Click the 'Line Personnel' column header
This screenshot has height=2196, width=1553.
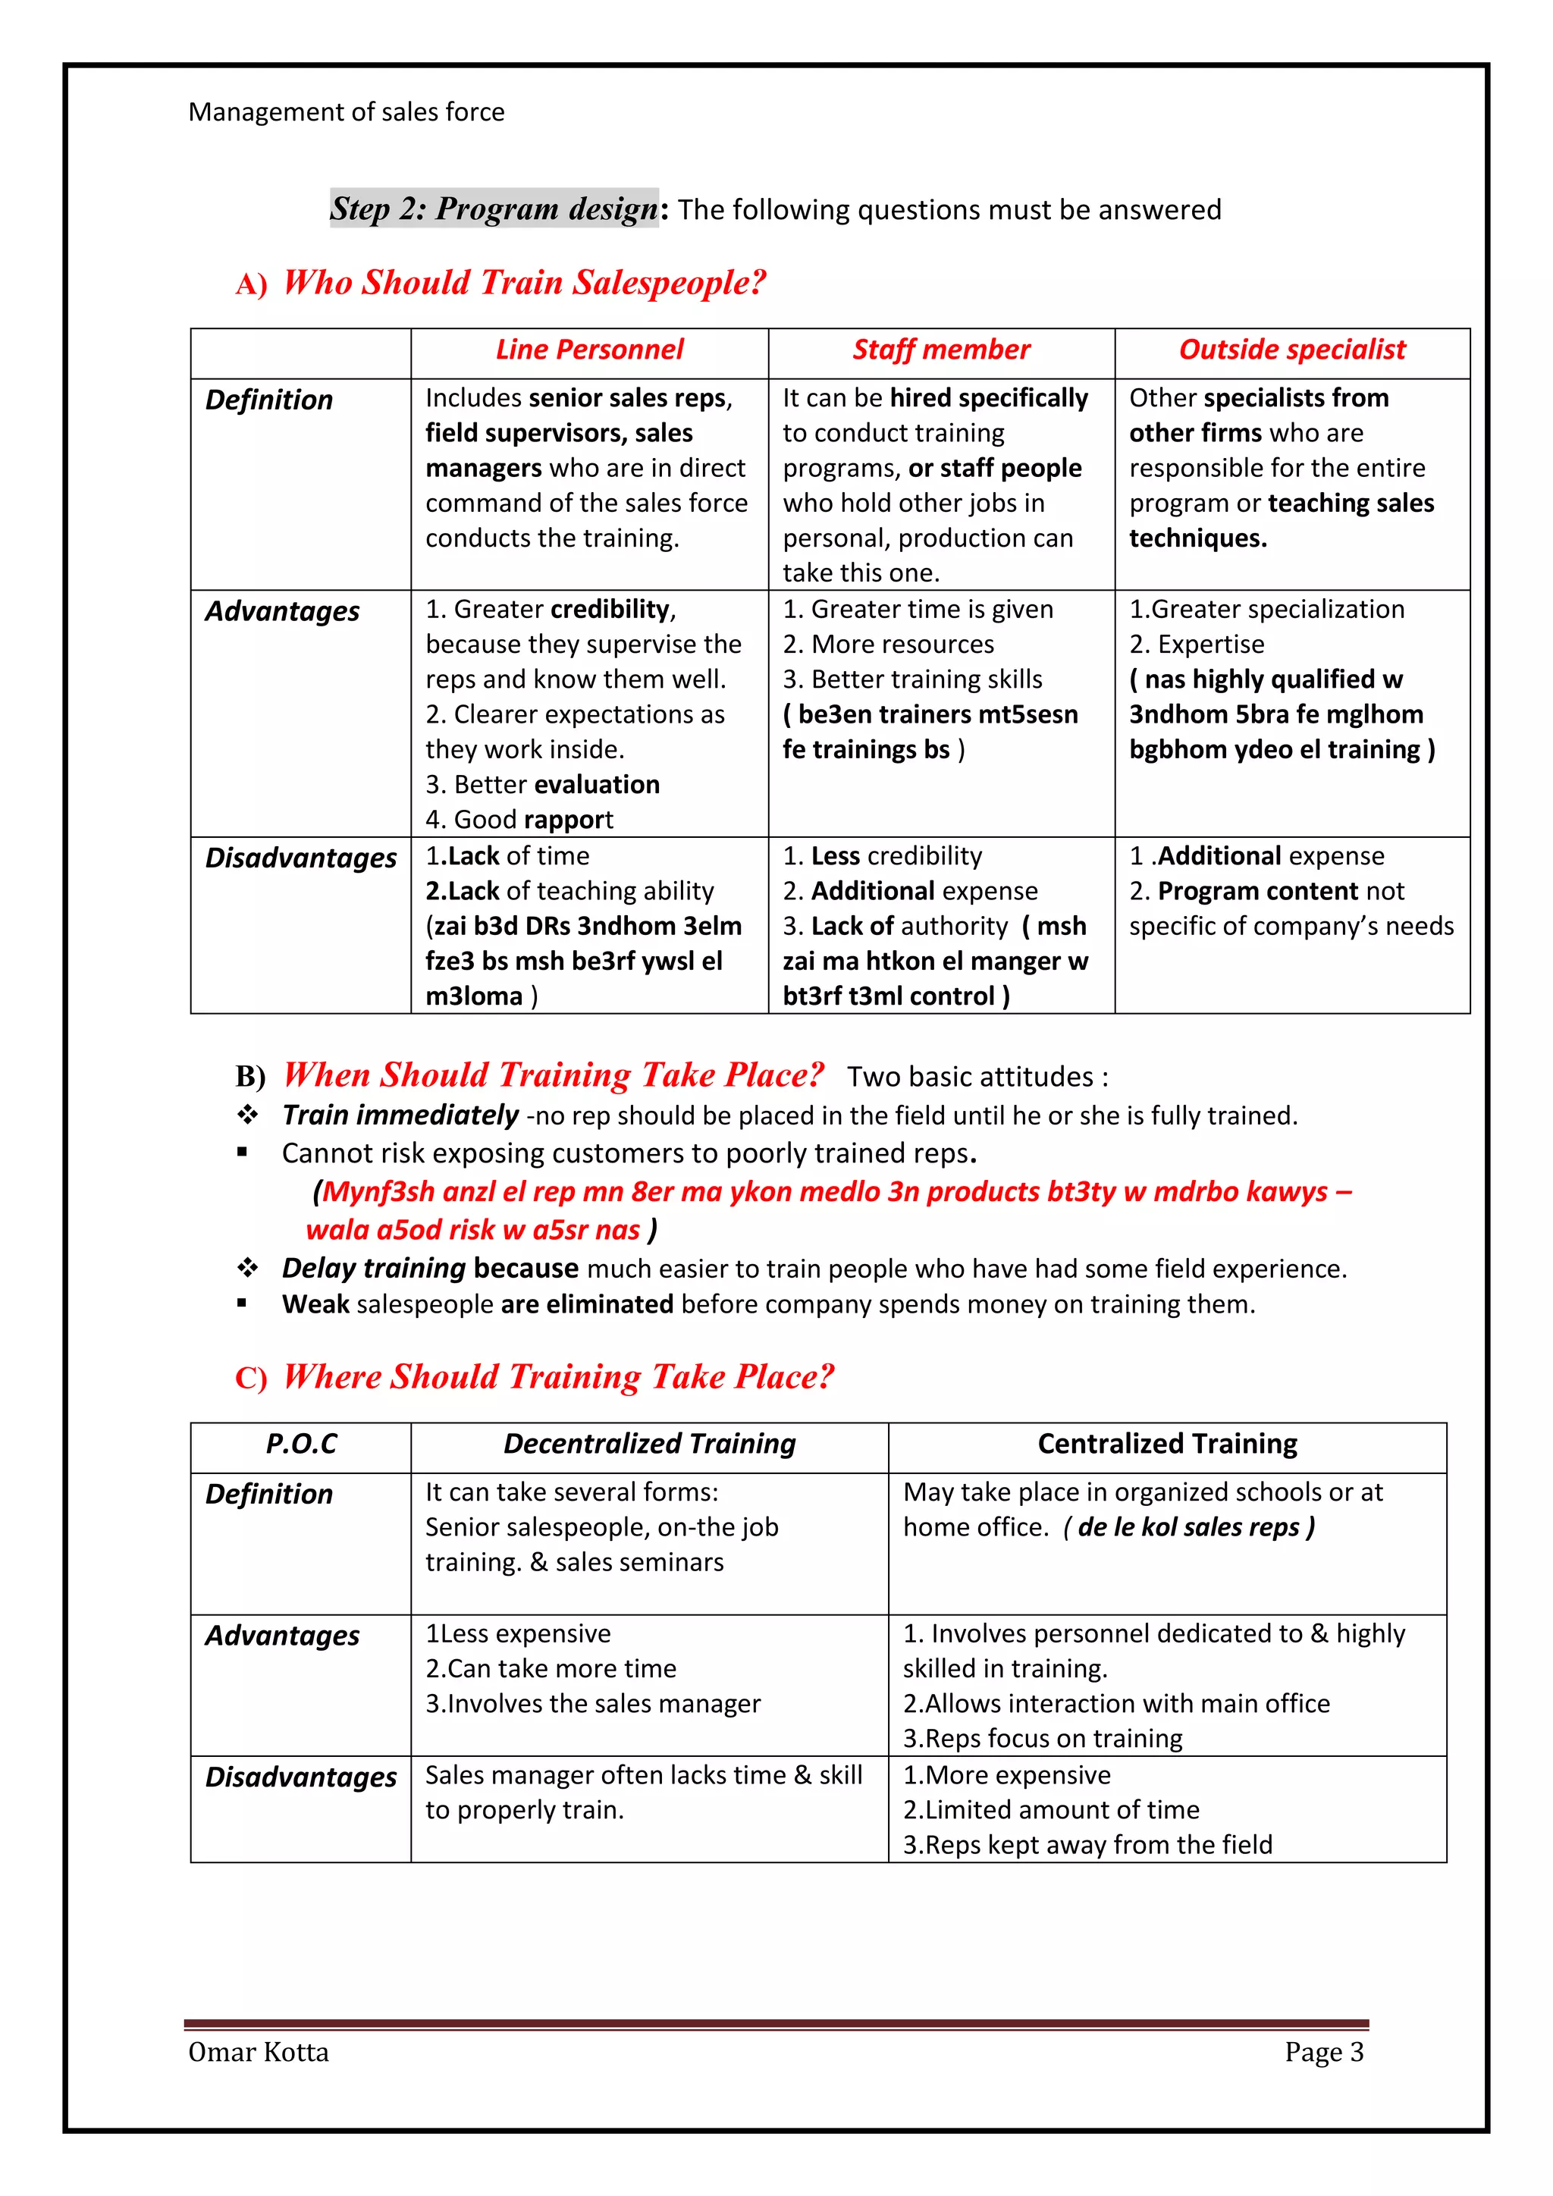click(589, 350)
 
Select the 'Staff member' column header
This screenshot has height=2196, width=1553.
click(941, 350)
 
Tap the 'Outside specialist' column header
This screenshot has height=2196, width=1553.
click(1292, 350)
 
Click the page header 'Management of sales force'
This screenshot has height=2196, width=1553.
click(347, 112)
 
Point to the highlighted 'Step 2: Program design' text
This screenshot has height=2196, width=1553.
click(494, 209)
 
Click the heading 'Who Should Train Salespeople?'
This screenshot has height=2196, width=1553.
click(524, 283)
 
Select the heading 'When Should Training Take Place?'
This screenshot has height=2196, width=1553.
click(553, 1075)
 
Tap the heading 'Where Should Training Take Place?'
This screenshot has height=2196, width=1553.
click(558, 1377)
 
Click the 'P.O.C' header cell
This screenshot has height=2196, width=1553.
click(301, 1445)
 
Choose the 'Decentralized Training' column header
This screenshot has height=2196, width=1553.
click(649, 1445)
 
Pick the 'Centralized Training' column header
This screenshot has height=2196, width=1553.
click(1167, 1445)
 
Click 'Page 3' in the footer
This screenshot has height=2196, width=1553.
click(1323, 2053)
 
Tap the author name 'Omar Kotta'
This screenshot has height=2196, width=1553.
click(258, 2053)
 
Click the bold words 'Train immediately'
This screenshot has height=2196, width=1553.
click(400, 1115)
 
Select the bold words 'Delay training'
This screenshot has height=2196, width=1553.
click(373, 1269)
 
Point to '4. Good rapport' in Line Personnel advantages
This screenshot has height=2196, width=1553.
click(519, 820)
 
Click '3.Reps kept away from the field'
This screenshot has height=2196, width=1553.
click(1087, 1845)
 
